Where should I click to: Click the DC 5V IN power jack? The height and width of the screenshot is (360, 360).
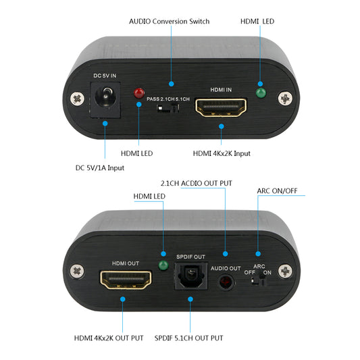click(x=105, y=99)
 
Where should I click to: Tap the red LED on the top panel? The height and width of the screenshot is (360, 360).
click(x=140, y=93)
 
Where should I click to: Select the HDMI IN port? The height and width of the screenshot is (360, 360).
click(x=220, y=107)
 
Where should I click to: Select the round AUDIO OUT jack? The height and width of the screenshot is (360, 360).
click(x=225, y=279)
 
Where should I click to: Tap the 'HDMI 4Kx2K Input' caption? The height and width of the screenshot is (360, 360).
click(x=222, y=153)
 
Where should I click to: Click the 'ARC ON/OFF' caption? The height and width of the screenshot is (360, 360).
click(x=277, y=190)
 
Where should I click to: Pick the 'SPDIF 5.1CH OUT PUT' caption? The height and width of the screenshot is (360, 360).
click(x=190, y=338)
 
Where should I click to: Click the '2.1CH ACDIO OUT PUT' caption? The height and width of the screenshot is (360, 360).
click(x=197, y=183)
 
